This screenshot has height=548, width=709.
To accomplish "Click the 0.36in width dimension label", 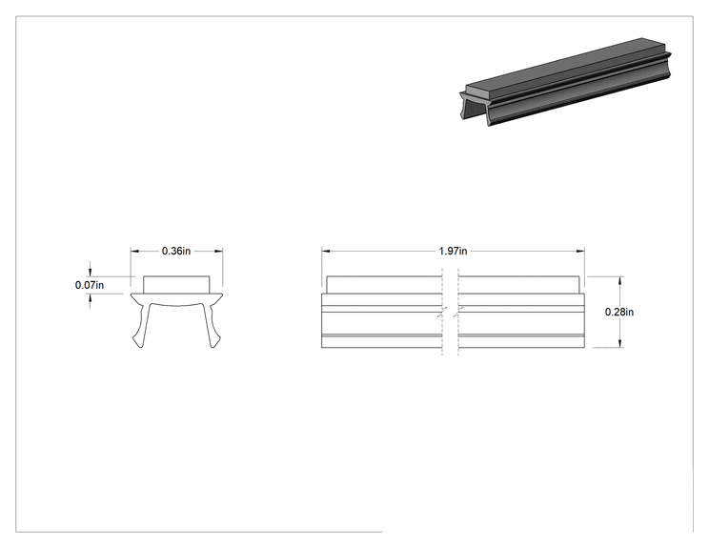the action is (x=176, y=251).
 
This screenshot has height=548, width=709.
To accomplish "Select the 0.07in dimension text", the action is (x=90, y=285).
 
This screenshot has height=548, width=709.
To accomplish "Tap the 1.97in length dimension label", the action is (x=453, y=251).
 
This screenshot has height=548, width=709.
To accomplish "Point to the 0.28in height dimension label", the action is (x=619, y=312).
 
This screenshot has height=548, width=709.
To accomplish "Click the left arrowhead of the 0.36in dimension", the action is (x=134, y=251).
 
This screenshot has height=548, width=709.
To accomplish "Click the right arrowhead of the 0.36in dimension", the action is (x=219, y=251).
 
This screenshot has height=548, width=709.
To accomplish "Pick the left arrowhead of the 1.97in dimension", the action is (x=326, y=251).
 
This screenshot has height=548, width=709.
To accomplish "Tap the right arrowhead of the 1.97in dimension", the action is (x=580, y=251).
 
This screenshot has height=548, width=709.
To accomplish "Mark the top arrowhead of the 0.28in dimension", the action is (x=620, y=281).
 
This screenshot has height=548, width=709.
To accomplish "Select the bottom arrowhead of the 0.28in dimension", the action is (x=620, y=343).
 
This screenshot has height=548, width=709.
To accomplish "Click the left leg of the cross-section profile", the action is (x=141, y=326).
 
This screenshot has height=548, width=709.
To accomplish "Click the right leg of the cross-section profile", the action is (x=213, y=326).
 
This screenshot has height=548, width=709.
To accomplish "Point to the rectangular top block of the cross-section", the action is (x=177, y=285).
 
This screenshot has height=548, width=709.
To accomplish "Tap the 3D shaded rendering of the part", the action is (x=565, y=82).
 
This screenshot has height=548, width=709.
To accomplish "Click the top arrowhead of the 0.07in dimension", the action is (x=90, y=272).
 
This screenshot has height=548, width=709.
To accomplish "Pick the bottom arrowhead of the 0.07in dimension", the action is (x=90, y=298).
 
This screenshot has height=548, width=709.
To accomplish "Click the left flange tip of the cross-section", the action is (x=132, y=295).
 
